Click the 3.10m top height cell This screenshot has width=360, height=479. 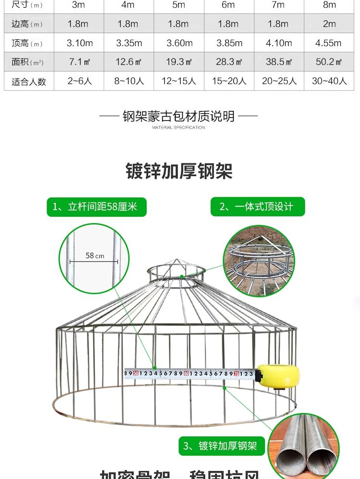pos(80,43)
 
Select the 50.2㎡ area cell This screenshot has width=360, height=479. pos(329,62)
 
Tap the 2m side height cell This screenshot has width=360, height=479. pos(329,24)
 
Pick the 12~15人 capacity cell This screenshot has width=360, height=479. pos(179,81)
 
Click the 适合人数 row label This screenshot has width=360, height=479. pos(29,82)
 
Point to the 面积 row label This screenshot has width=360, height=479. pos(27,62)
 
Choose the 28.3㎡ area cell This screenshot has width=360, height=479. pos(229,62)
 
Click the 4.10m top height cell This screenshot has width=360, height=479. pos(279,43)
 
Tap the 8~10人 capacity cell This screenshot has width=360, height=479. pos(129,81)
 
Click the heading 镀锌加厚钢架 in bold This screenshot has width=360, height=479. pos(179,171)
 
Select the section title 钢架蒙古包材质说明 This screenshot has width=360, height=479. pos(179,116)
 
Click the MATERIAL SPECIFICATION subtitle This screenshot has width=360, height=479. pos(179,128)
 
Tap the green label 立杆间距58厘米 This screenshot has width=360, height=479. pos(96,207)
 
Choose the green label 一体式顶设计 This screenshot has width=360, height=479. pos(257,207)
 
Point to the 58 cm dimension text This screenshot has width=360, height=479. pos(95,256)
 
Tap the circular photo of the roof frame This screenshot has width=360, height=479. pos(259,261)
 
